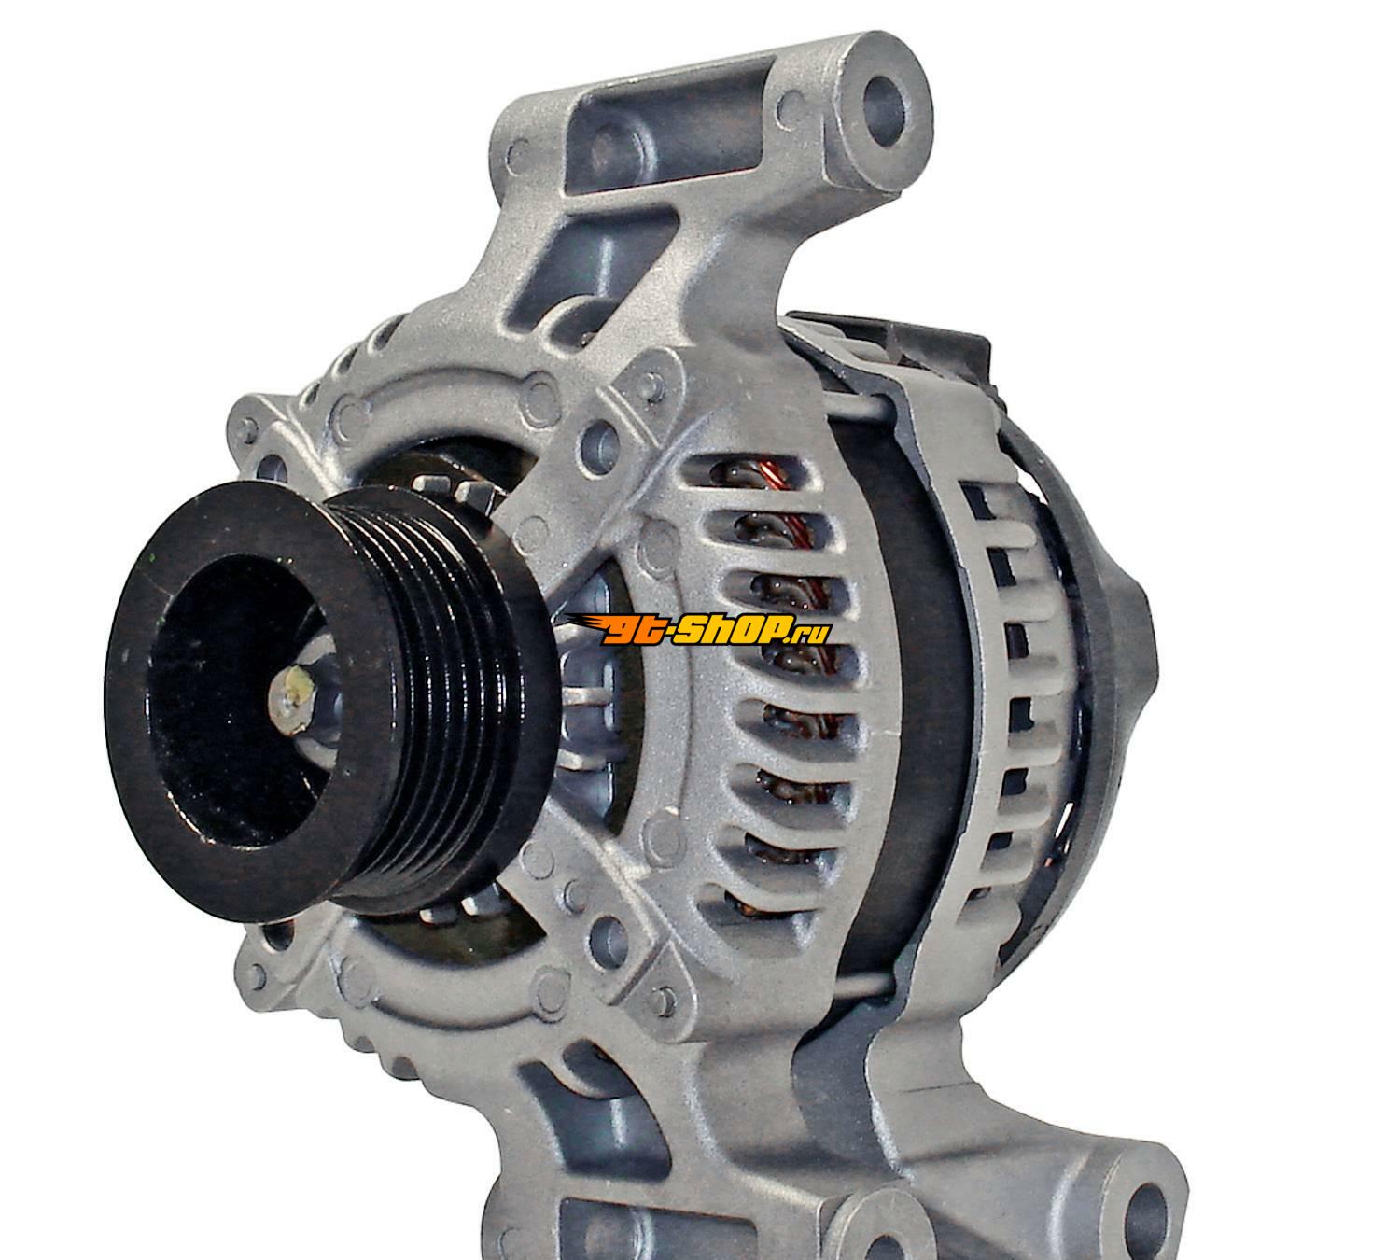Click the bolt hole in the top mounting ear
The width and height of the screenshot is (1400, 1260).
point(884,112)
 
